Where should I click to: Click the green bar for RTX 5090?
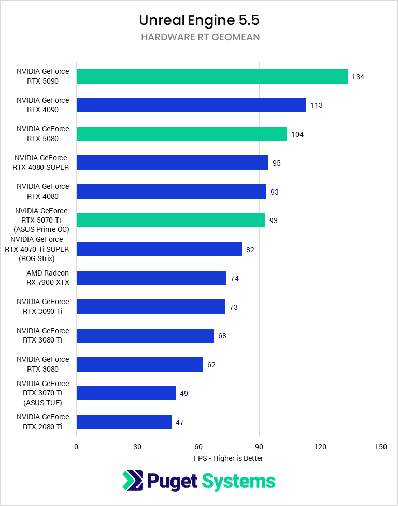(212, 76)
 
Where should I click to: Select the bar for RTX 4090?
(191, 105)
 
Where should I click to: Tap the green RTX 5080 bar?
(181, 134)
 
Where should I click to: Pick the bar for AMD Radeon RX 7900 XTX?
(151, 278)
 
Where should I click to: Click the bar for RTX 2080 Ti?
(124, 422)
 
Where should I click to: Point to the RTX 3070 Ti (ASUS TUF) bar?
(126, 393)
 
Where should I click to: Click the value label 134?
(358, 77)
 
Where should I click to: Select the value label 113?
(316, 105)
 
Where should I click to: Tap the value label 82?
(250, 250)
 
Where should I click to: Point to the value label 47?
(180, 422)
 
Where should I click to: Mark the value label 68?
(222, 336)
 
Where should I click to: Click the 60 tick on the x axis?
(198, 447)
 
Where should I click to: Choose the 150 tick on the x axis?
(381, 447)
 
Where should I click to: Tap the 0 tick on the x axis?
(76, 447)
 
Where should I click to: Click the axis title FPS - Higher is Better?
(229, 458)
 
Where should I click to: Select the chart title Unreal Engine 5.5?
(199, 20)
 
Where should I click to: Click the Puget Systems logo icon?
(133, 481)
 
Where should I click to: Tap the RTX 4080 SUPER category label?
(41, 162)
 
